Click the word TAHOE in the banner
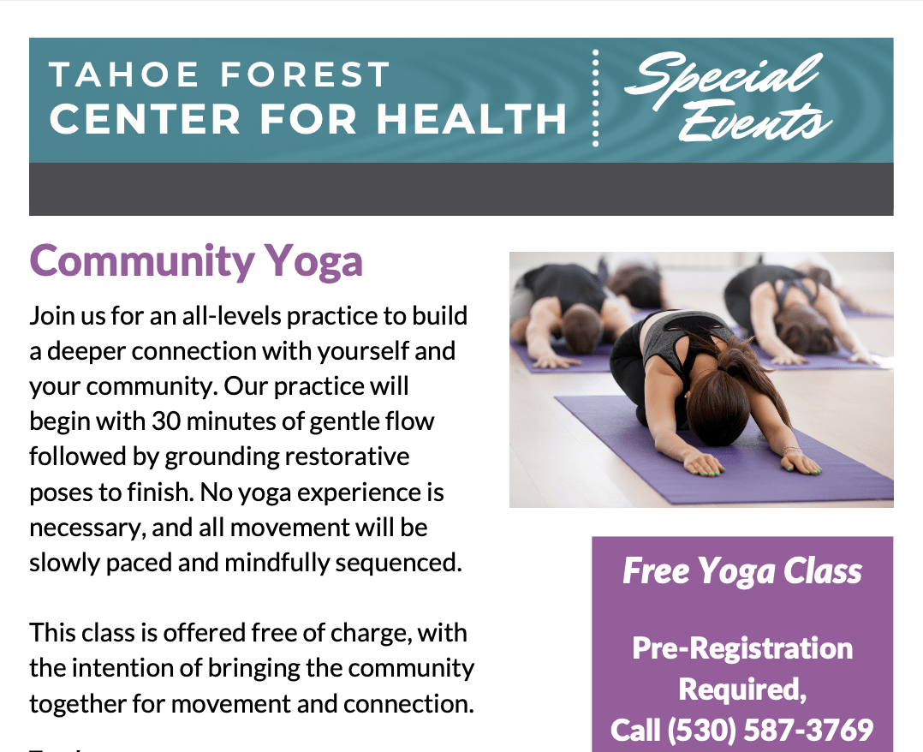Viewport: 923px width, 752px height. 124,75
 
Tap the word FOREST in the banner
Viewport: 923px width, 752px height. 305,75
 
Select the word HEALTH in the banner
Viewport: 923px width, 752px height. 471,119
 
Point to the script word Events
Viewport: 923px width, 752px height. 755,122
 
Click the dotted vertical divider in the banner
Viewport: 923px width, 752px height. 596,98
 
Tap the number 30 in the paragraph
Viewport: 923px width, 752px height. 166,421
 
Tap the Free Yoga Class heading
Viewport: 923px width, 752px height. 742,571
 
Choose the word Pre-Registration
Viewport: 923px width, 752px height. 742,648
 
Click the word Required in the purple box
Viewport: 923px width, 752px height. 741,689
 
